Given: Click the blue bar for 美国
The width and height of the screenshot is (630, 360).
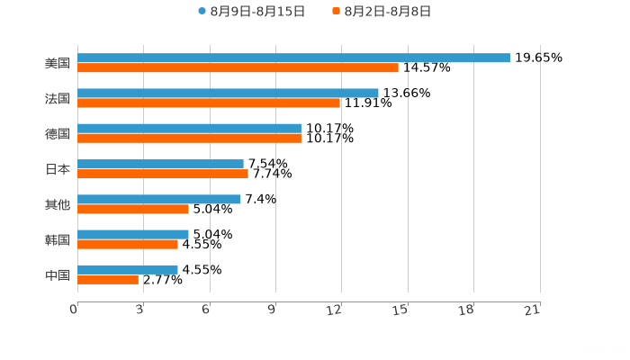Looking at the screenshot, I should point(293,58).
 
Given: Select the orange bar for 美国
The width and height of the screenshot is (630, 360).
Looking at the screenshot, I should point(238,67).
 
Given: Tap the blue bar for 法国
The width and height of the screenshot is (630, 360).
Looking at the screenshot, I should point(228,93).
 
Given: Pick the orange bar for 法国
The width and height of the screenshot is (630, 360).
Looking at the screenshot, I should point(209,103).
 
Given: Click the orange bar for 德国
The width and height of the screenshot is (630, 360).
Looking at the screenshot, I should point(189,138).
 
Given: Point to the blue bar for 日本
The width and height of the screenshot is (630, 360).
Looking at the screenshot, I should point(160,164).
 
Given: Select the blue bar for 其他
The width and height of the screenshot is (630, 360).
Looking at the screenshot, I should point(159,199).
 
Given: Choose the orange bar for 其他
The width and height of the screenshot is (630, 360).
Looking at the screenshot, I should point(133,209).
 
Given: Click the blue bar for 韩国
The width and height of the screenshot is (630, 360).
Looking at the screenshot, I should point(133,234).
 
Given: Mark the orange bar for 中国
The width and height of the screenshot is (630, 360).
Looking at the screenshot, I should point(108,279).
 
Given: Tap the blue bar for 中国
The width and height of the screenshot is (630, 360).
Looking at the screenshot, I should point(128,269).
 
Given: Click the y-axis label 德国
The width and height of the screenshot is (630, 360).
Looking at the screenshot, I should point(58,133).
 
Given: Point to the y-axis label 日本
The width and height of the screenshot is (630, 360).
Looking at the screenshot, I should point(58,168).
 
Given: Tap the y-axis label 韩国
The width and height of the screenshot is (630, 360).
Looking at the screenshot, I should point(58,239).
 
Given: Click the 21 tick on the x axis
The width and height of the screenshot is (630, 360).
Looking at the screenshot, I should point(532,310).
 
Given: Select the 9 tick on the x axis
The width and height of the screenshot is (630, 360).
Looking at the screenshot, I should point(272,310).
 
